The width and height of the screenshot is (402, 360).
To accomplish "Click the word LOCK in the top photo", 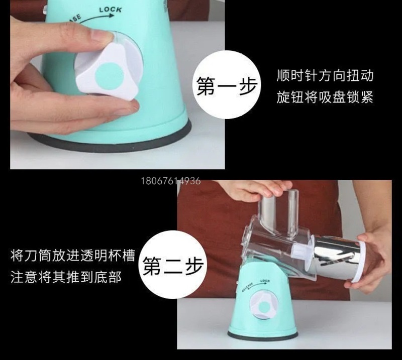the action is (x=110, y=10).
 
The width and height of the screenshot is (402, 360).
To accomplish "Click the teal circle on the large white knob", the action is (x=109, y=76).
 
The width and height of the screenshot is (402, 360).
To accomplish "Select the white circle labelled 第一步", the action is (x=227, y=84).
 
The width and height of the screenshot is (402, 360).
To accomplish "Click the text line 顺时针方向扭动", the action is (x=325, y=76).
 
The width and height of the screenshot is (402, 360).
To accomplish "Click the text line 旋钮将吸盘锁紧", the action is (x=325, y=97).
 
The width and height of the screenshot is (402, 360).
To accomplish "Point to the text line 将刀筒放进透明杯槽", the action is (x=72, y=255).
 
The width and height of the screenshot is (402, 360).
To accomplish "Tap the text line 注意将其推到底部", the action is (x=66, y=277).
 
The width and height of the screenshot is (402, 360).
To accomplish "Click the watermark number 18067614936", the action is (x=171, y=181).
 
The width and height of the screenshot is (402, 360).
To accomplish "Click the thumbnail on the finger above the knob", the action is (x=103, y=36).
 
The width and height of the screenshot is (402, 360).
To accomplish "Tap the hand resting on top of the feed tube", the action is (x=256, y=190).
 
